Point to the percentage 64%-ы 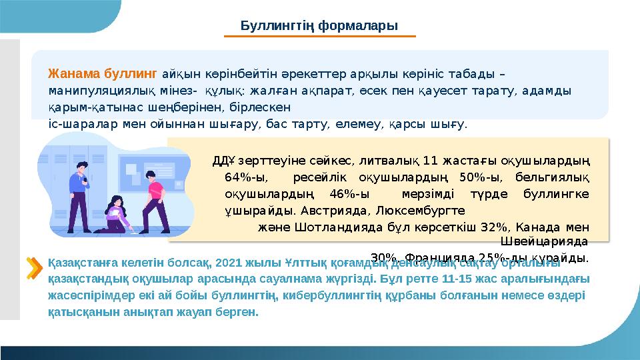[241, 177]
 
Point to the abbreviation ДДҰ [222, 161]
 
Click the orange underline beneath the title [319, 37]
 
